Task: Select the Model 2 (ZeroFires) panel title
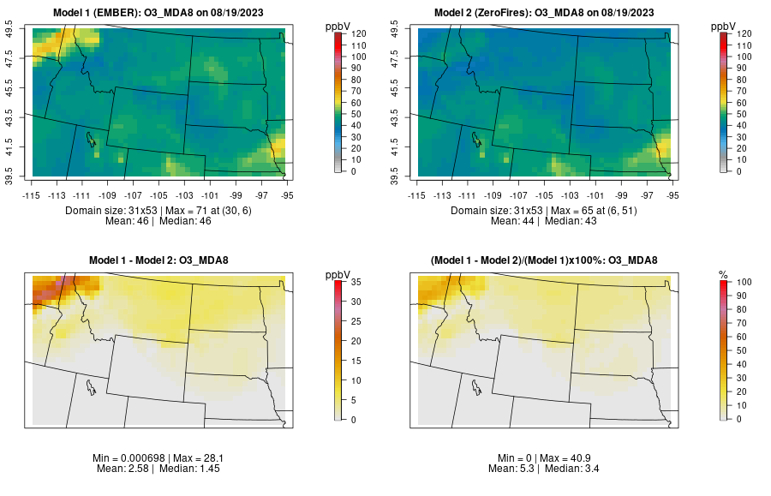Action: pyautogui.click(x=547, y=13)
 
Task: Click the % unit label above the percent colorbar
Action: pyautogui.click(x=724, y=274)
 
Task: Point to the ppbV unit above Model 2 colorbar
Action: pyautogui.click(x=724, y=26)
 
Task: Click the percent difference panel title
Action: pyautogui.click(x=547, y=260)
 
